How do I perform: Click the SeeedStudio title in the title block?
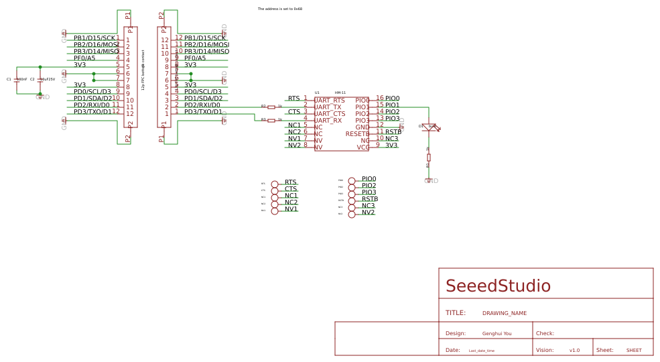point(498,286)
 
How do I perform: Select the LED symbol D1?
point(430,126)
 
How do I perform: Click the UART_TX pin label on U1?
point(328,107)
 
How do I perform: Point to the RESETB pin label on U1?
point(357,134)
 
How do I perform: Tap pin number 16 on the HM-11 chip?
point(380,99)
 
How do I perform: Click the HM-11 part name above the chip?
point(340,93)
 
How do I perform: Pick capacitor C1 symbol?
point(17,80)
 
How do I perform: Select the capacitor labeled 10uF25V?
point(40,80)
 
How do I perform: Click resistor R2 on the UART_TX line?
point(271,107)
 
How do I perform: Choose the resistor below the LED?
point(429,158)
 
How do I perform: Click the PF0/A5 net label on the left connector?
point(84,58)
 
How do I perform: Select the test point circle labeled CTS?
point(275,190)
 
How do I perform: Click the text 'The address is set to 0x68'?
point(280,9)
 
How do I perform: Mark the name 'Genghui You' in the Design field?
point(497,333)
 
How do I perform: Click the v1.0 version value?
point(574,351)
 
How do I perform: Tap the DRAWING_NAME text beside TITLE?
point(505,313)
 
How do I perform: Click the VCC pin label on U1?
point(362,147)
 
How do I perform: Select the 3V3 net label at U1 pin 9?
point(391,145)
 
